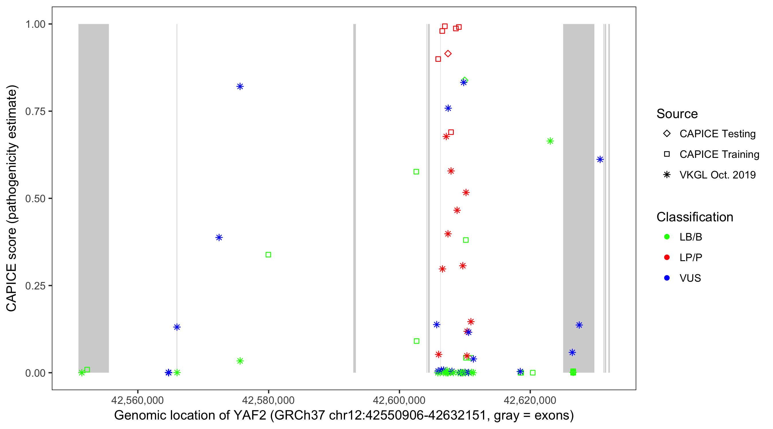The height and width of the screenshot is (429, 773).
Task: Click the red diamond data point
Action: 448,54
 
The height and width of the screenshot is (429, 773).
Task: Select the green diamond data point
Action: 465,80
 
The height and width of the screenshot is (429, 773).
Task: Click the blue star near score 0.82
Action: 240,87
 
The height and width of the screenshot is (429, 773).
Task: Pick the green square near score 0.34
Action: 268,255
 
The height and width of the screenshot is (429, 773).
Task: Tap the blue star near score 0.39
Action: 219,237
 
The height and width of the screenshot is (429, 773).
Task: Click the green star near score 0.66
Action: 550,141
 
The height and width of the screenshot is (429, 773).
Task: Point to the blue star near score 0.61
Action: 600,160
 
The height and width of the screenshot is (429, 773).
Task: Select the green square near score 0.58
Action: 416,172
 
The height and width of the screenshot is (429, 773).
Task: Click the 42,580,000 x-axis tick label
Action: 268,400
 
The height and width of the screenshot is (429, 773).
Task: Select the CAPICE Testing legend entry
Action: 717,134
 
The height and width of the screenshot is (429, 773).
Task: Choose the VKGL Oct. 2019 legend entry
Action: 717,175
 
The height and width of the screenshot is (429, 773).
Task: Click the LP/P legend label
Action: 691,257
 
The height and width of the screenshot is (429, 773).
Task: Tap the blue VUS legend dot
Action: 667,278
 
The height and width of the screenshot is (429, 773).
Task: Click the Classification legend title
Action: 695,217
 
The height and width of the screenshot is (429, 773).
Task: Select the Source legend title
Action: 677,114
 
